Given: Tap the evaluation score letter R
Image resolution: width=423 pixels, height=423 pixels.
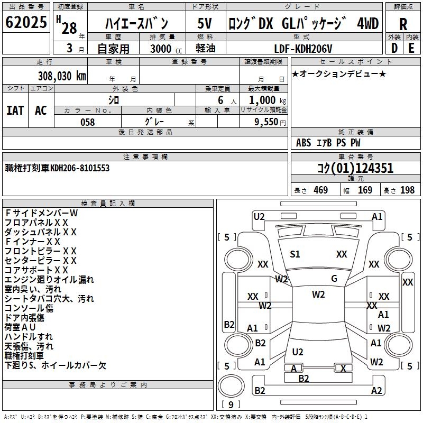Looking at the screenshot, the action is click(403, 24).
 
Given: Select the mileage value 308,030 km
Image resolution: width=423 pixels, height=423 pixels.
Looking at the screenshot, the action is click(62, 76).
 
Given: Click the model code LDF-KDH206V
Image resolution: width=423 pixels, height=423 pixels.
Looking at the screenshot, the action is click(304, 49).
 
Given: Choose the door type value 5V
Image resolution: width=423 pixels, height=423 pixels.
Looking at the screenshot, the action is click(205, 23).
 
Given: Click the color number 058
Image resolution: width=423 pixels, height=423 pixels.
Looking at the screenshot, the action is click(87, 122).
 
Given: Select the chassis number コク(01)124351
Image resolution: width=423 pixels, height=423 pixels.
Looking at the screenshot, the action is click(355, 168).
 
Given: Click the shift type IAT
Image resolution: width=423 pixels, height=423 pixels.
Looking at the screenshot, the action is click(15, 110).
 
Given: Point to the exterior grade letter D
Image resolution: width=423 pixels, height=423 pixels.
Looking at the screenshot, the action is click(394, 48).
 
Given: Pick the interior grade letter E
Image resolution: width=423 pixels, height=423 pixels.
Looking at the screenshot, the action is click(411, 48).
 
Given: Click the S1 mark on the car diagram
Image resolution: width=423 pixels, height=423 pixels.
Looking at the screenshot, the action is click(295, 254).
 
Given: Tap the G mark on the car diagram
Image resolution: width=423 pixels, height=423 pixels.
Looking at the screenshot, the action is click(334, 279).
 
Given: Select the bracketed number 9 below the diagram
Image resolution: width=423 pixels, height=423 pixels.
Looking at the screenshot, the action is click(231, 404).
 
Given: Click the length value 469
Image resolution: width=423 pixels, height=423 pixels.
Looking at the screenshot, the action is click(320, 190).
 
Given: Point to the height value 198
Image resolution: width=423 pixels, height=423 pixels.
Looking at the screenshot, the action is click(408, 190).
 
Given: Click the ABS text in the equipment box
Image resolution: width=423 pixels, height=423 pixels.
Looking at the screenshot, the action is click(304, 143).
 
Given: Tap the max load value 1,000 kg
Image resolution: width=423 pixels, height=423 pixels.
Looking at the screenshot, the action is click(265, 100).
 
